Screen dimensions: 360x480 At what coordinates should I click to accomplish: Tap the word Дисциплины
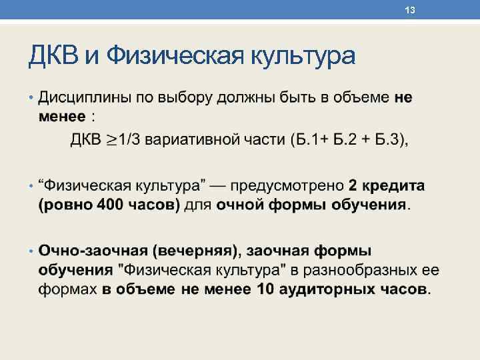(x=85, y=98)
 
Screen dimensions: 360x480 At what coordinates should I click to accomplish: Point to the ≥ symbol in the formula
(x=111, y=140)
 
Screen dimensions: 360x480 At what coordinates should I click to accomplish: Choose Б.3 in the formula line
(x=387, y=140)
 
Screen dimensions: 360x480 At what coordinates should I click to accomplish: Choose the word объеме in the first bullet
(x=361, y=98)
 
